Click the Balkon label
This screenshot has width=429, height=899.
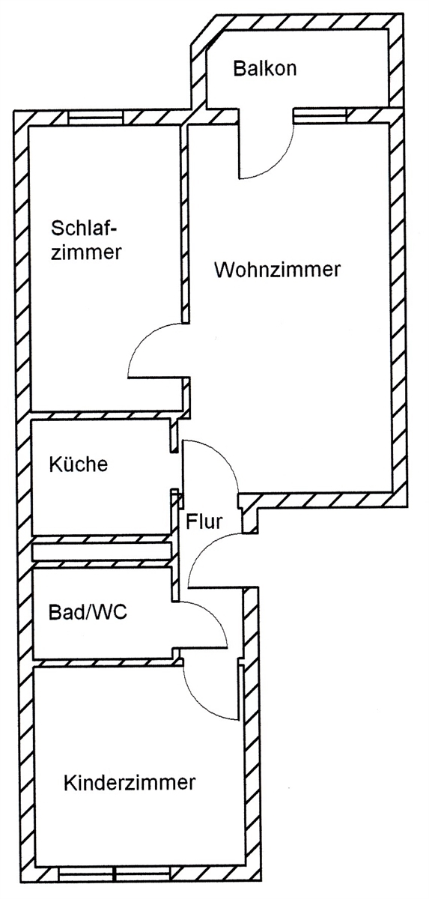(264, 69)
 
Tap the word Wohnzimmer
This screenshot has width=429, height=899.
(278, 269)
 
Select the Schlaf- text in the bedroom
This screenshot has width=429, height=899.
(84, 228)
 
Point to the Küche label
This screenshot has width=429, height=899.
(79, 464)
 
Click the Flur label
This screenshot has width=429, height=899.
(204, 521)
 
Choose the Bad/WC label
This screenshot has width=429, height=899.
(88, 613)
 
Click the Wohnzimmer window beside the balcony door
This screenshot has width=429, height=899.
(320, 115)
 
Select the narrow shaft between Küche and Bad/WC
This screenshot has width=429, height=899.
(103, 551)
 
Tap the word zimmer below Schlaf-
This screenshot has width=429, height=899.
(86, 252)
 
